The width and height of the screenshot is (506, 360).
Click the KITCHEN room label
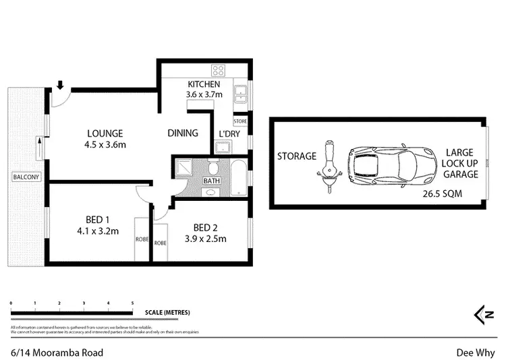[203, 84]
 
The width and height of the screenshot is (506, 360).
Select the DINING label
[183, 133]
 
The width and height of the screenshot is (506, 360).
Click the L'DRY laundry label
[223, 133]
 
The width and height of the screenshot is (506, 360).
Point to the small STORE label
[240, 121]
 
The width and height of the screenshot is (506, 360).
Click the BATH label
[212, 181]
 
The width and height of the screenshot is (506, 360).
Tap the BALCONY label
[26, 177]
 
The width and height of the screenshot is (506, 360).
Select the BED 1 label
[98, 220]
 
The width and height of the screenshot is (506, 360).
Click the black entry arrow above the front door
[60, 85]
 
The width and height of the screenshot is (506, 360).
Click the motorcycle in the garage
[329, 165]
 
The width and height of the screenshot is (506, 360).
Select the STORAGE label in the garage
[296, 156]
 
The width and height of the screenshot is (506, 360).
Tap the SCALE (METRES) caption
[167, 313]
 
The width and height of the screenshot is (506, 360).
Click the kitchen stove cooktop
[219, 70]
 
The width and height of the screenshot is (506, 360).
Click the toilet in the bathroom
[212, 167]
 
